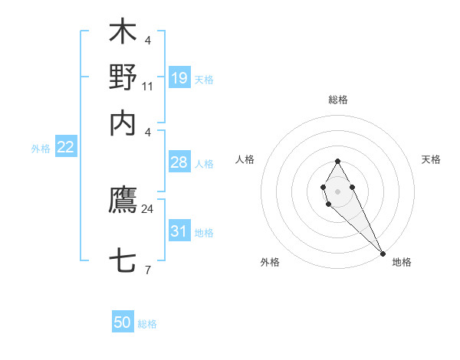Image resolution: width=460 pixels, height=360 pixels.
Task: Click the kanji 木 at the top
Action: coord(123,33)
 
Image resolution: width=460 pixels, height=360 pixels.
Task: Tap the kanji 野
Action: coord(123,77)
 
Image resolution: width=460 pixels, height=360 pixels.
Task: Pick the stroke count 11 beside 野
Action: coord(147,86)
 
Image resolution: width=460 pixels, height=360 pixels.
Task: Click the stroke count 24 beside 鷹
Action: coord(147,208)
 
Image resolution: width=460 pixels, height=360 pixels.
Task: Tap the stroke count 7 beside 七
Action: coord(147,270)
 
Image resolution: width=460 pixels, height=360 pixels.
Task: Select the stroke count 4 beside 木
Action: coord(147,40)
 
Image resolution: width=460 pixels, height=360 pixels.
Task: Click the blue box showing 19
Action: coord(179,77)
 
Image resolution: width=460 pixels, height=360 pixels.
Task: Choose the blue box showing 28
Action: coord(179,163)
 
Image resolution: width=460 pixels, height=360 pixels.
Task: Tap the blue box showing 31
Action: coord(179,231)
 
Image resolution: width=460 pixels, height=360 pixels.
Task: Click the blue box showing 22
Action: coord(65,147)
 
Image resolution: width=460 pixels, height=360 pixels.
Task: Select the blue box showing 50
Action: coord(123,322)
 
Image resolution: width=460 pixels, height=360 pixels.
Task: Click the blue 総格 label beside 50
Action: coord(147,324)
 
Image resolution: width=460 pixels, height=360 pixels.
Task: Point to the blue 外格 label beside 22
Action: coord(41,149)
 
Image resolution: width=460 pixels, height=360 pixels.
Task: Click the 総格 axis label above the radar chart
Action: coord(338,100)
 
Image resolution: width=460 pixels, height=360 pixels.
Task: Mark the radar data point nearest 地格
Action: coord(383,253)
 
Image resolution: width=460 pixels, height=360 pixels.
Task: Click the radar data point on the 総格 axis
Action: coord(337,161)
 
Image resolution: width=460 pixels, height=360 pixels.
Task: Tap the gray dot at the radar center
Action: coord(337,191)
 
